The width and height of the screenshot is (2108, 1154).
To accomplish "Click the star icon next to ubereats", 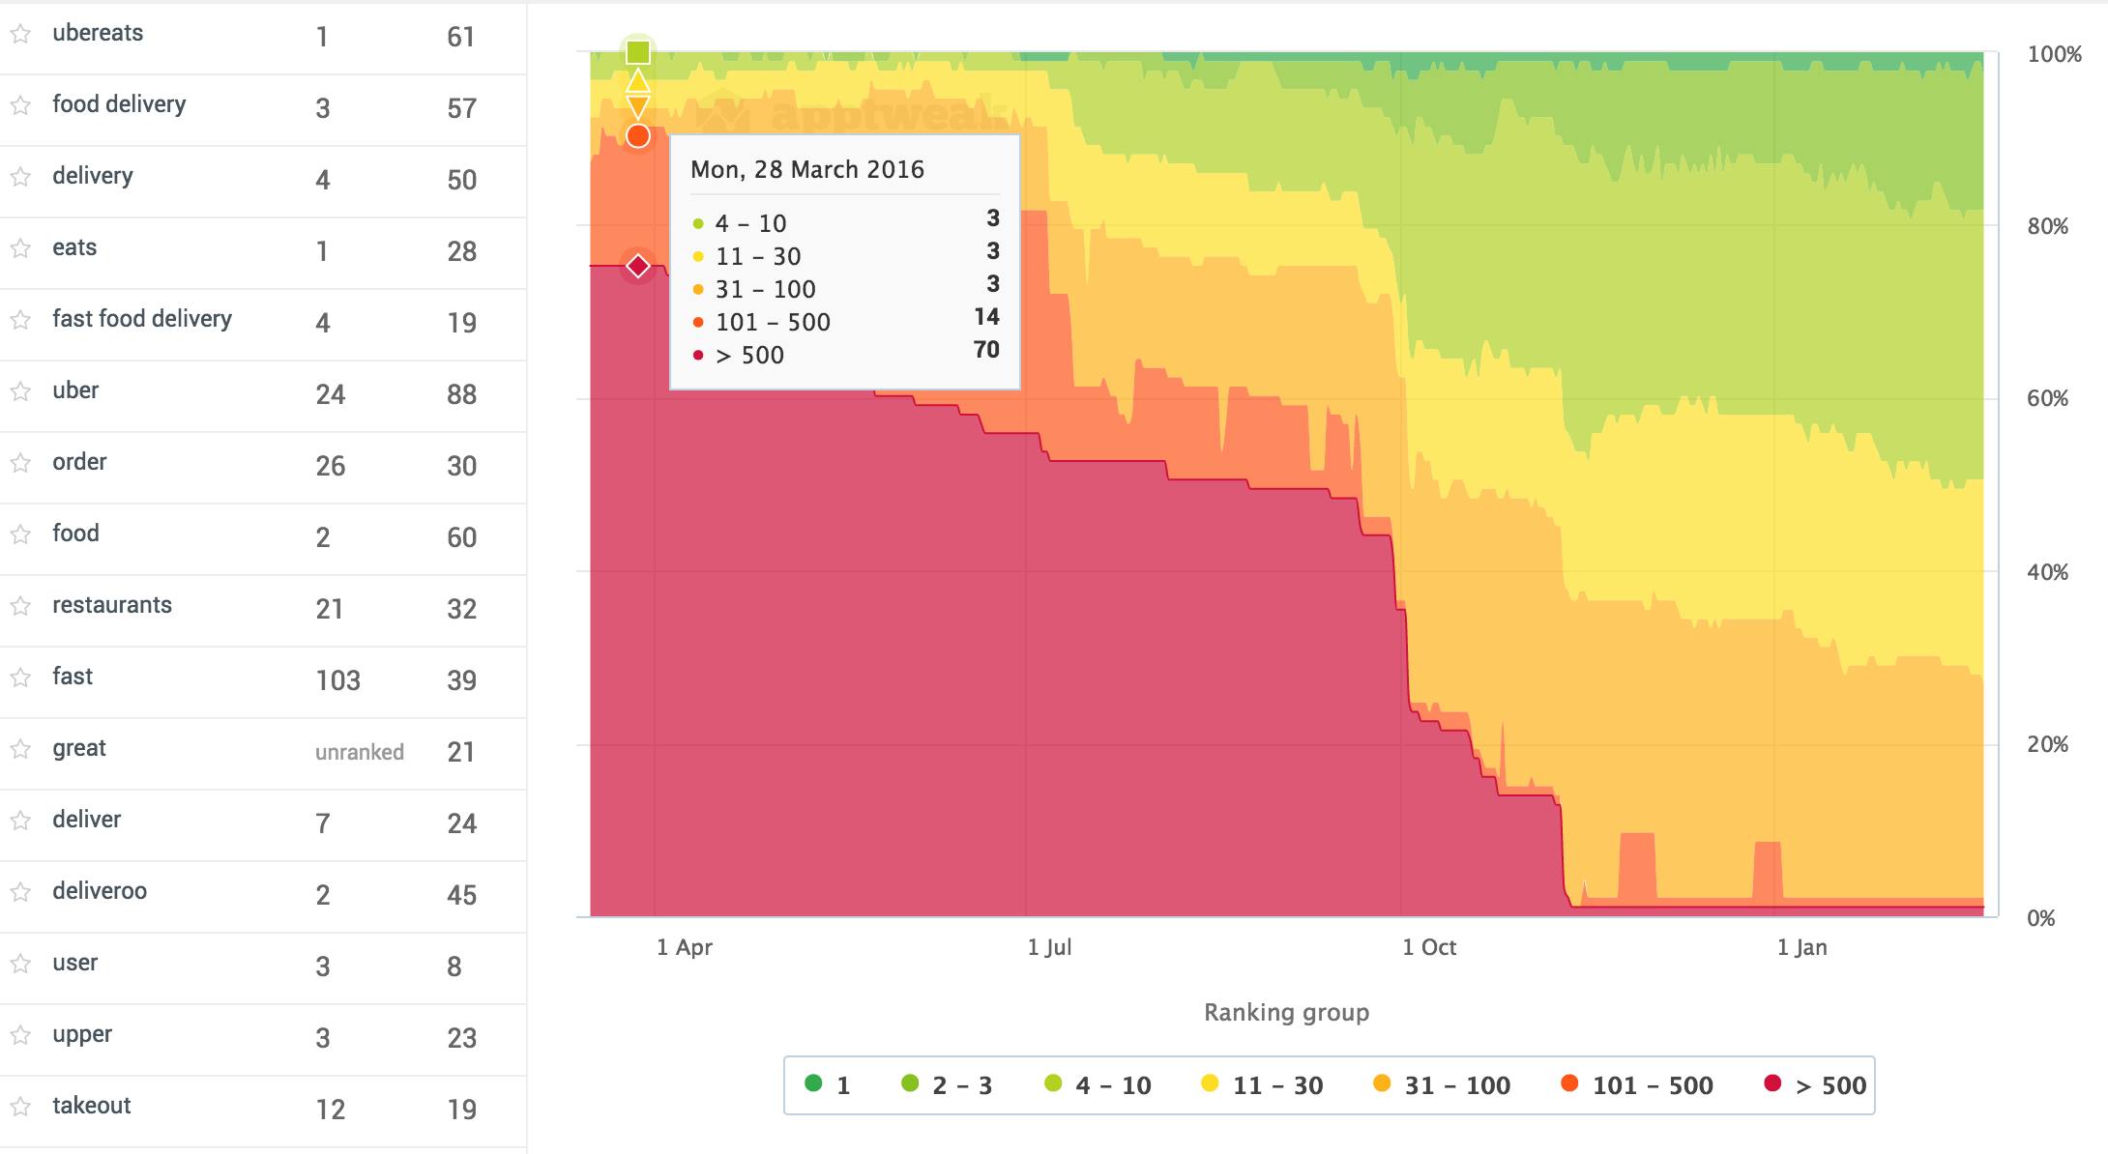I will coord(20,34).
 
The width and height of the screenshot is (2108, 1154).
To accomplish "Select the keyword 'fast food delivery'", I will coord(142,319).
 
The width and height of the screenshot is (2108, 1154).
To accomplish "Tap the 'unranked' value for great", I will coord(359,752).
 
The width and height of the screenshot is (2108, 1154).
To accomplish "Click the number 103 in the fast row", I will coord(337,680).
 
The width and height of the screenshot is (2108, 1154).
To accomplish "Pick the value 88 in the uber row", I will coord(461,394).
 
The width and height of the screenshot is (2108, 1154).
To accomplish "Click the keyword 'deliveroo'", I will coord(100,891).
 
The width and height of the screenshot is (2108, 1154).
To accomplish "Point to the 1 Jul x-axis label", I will coord(1049,947).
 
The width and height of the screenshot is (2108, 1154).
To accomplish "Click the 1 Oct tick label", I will coord(1428,947).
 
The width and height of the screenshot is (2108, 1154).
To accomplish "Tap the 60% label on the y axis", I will coord(2047,398).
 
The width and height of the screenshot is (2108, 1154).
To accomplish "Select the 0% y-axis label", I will coord(2040,918).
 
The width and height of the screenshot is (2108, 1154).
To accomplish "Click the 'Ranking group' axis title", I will coord(1286,1012).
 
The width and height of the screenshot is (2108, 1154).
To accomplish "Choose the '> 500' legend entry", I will coord(1815,1085).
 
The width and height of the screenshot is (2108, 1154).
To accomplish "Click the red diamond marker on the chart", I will coord(637,266).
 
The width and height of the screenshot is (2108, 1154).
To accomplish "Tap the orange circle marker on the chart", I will coord(637,136).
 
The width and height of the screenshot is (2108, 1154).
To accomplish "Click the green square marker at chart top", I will coord(637,52).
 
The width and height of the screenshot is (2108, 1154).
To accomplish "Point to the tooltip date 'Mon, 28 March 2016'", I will coord(806,170).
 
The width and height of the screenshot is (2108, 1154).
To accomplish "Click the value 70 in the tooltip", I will coord(985,350).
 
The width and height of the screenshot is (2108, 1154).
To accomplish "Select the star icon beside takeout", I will coord(20,1107).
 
